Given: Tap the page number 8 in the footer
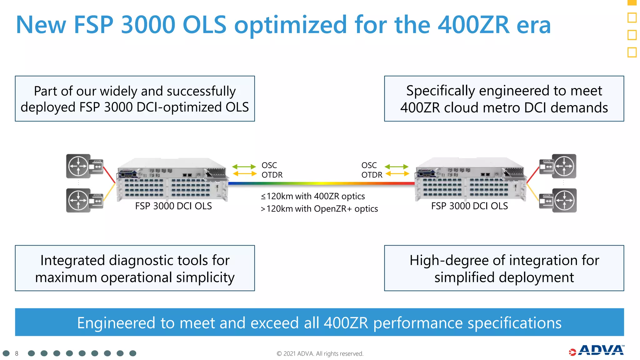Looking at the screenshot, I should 17,353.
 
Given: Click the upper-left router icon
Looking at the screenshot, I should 78,166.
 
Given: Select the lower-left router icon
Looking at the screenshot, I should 78,200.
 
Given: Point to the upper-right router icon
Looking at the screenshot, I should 564,166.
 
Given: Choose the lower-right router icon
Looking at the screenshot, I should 564,200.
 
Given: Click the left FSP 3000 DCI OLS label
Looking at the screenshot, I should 173,206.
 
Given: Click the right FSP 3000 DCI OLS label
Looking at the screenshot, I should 469,206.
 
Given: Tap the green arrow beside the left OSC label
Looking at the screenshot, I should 244,167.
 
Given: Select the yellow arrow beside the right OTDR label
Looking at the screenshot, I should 397,174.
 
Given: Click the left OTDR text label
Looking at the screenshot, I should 272,175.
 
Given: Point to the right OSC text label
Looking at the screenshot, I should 369,165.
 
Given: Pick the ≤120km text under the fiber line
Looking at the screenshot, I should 277,196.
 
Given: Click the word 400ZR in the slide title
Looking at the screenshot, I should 473,25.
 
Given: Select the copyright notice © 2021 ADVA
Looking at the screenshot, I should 320,353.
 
